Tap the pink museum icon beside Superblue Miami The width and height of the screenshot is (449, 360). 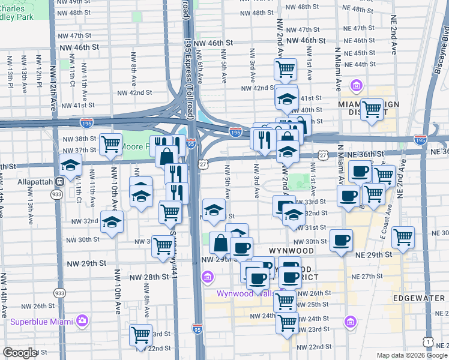[82, 321]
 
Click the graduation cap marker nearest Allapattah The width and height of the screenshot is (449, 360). [71, 165]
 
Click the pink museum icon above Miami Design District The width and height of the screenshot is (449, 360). [357, 86]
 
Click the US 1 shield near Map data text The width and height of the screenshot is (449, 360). [427, 341]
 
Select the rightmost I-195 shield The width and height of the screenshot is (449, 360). [420, 140]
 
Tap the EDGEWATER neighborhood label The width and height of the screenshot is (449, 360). [415, 298]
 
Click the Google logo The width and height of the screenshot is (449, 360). [19, 353]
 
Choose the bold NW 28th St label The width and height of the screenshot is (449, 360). [149, 277]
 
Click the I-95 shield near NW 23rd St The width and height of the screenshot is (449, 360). [197, 328]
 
